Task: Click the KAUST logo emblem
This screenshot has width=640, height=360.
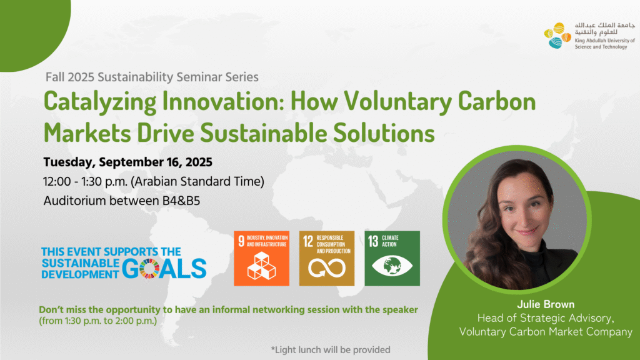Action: point(557,36)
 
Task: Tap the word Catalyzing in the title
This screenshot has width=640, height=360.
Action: point(100,102)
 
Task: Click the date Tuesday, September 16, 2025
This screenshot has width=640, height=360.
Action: point(127,162)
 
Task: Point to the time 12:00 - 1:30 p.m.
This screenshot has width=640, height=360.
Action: point(85,182)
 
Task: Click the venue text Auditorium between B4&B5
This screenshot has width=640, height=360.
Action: point(122,201)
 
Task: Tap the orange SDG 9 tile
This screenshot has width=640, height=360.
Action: point(262,258)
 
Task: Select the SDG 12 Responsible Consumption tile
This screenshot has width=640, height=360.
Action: point(327,258)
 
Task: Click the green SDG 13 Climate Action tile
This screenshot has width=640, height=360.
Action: point(392,258)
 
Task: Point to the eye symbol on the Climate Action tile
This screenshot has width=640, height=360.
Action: point(392,266)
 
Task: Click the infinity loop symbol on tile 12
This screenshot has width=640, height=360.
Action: point(327,268)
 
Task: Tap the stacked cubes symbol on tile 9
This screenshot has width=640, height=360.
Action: point(262,266)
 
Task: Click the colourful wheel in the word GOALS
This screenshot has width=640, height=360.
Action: point(149,269)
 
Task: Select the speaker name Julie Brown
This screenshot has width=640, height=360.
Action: point(546,304)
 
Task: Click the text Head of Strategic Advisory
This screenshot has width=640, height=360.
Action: point(546,318)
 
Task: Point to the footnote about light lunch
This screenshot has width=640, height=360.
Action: point(331,350)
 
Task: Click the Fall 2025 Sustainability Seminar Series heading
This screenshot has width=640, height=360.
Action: point(152,77)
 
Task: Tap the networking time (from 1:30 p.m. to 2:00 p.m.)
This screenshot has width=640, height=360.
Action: point(98,321)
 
